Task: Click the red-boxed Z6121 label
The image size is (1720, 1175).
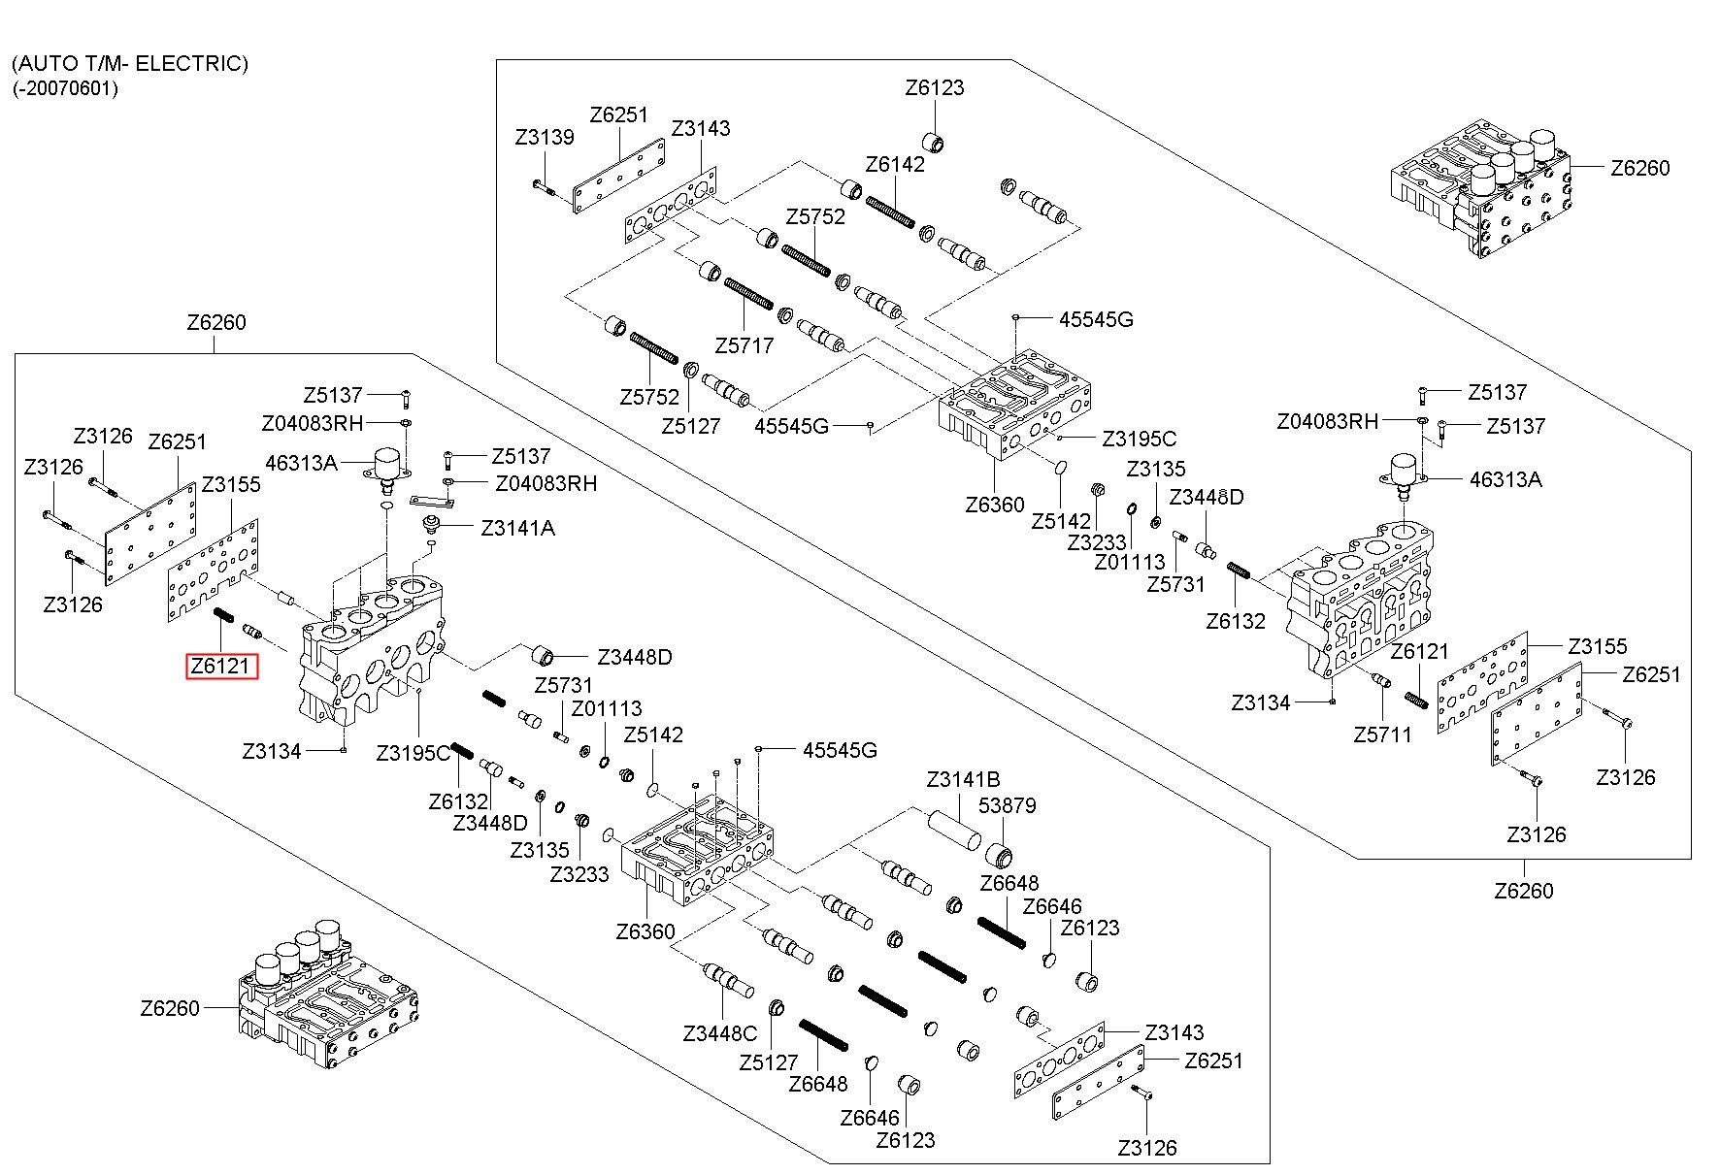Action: (222, 666)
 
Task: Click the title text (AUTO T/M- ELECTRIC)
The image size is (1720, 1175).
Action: (130, 64)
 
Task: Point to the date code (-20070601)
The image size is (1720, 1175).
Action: (66, 89)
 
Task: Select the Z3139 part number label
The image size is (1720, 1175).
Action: (545, 138)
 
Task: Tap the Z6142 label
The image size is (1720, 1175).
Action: (895, 164)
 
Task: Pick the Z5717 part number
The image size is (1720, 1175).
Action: (744, 345)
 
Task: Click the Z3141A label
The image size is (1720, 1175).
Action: (518, 528)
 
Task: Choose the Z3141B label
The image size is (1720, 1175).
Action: (963, 779)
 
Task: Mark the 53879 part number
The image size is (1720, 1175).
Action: (1008, 805)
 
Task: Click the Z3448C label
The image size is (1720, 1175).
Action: (719, 1033)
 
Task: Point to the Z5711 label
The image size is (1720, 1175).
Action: (1383, 734)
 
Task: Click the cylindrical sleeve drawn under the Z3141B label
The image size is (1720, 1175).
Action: (949, 832)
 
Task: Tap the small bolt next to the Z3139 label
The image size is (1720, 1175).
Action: (543, 187)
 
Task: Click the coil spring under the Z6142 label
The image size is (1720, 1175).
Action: (891, 213)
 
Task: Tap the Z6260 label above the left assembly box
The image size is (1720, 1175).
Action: (216, 322)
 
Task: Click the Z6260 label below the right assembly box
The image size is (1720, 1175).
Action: (1524, 890)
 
